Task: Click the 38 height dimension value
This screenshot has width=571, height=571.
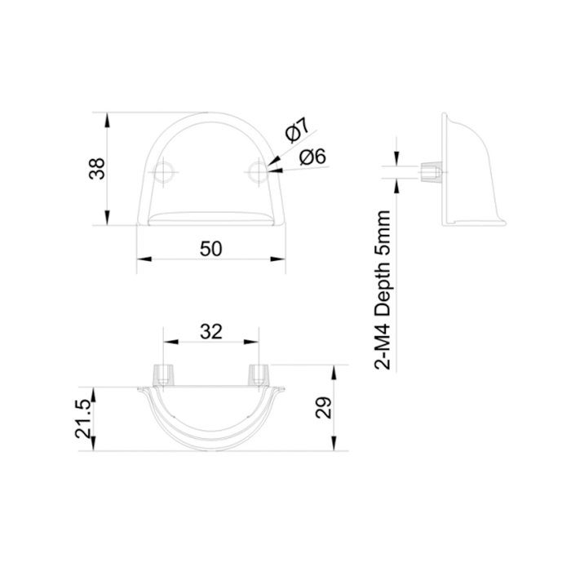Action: [x=97, y=169]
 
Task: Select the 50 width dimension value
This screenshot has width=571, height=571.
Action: [x=210, y=249]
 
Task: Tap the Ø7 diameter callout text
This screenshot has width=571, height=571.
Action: [x=298, y=129]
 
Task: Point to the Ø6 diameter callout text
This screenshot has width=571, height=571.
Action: [x=312, y=157]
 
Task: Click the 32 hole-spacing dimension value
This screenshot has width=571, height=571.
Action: [x=210, y=332]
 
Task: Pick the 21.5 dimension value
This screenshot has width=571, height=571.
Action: [x=83, y=418]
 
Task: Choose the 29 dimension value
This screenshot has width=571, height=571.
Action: [x=323, y=408]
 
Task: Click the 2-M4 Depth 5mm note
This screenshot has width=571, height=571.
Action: [x=383, y=290]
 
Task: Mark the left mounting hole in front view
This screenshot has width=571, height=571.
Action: [x=163, y=172]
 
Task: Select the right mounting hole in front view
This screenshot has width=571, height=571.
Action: [x=259, y=172]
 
